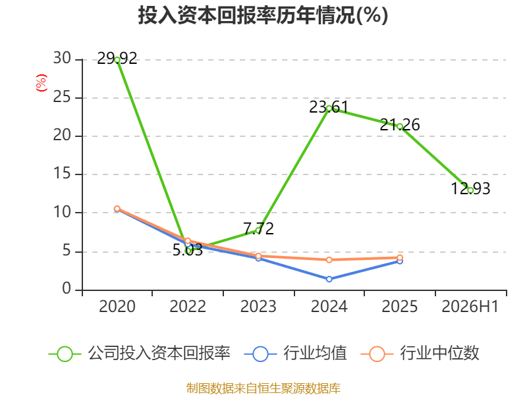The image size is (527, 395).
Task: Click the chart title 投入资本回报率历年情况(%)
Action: tap(263, 15)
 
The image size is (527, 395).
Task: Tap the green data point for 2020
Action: tap(117, 60)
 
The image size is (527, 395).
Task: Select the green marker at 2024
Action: tap(329, 109)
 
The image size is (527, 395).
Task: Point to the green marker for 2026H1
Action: tap(470, 190)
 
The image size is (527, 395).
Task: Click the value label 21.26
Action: tap(400, 125)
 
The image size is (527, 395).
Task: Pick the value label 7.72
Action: tap(258, 228)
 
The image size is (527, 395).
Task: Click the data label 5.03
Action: tap(188, 250)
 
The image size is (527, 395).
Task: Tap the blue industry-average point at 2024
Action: tap(329, 279)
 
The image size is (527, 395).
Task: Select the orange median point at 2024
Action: tap(329, 259)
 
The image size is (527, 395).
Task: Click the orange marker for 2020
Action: tap(117, 209)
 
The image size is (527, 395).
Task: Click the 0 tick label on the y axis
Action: tap(67, 288)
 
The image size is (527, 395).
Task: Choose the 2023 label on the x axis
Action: tap(258, 306)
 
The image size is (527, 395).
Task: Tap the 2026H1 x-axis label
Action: tap(470, 306)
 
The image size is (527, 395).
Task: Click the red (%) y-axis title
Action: tap(42, 83)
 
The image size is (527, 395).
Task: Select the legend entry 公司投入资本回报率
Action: tap(140, 354)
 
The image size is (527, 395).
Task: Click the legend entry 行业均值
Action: tap(295, 354)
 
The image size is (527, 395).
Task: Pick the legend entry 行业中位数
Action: tap(420, 354)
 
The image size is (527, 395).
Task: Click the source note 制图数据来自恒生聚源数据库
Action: tap(263, 388)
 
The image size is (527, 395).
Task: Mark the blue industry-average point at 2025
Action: tap(400, 261)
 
